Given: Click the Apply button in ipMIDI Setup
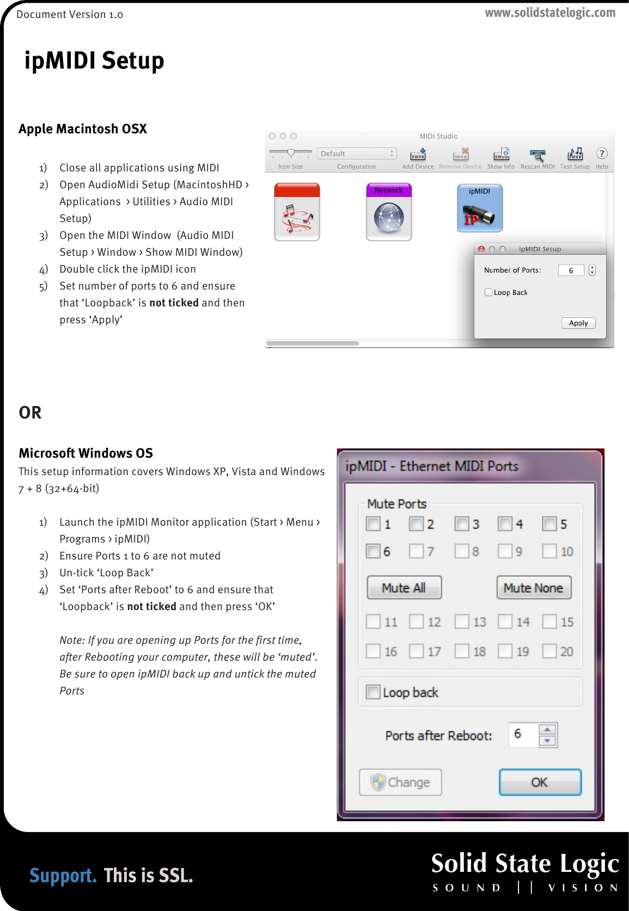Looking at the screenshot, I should click(578, 323).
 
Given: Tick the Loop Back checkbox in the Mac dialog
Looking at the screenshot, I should click(488, 292).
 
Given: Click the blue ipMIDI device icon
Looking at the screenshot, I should click(479, 208).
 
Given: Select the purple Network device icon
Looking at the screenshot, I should click(389, 212).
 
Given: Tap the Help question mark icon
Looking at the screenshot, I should click(602, 153).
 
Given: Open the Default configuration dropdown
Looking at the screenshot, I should click(357, 153).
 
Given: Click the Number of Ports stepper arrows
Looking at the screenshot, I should click(592, 270).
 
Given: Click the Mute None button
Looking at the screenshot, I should click(533, 588).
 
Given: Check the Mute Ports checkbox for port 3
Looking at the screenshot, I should click(462, 524).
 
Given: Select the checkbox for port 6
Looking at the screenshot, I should click(373, 551).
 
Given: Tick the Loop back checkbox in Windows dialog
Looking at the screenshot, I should click(373, 692).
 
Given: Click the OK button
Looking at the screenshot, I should click(540, 782).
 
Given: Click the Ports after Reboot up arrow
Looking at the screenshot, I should click(547, 729).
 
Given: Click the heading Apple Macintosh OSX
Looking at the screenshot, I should click(83, 129).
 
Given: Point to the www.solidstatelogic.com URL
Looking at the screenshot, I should click(550, 13).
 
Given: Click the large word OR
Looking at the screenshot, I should click(30, 413).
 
